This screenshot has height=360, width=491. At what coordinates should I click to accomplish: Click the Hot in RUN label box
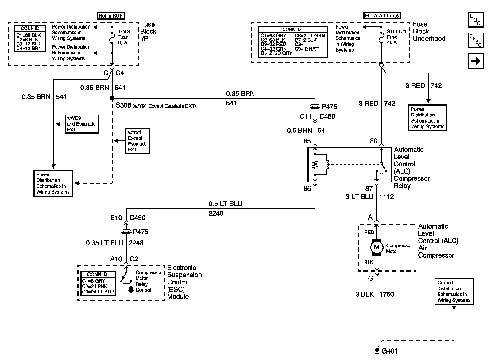click(111, 16)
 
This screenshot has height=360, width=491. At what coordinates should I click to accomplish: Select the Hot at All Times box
click(382, 15)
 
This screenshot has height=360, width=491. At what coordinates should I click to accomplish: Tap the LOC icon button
click(476, 20)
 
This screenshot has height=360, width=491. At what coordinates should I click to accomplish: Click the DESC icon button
click(476, 40)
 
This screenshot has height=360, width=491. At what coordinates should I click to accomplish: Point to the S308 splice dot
click(112, 98)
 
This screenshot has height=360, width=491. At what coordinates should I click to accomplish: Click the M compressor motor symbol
click(377, 247)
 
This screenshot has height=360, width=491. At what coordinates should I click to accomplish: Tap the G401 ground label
click(389, 351)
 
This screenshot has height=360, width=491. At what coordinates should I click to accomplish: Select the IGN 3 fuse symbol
click(112, 37)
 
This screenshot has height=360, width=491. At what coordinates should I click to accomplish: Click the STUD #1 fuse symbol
click(381, 37)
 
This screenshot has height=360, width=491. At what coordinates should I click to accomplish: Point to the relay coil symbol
click(327, 164)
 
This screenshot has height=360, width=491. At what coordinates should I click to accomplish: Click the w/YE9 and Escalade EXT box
click(82, 124)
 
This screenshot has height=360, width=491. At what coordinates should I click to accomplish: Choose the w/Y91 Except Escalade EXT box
click(137, 141)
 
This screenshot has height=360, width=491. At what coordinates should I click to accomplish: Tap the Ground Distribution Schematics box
click(454, 292)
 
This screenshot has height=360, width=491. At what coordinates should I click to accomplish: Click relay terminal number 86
click(307, 188)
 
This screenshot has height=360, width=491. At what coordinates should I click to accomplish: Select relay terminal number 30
click(373, 141)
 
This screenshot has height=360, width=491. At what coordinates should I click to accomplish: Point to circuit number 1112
click(386, 197)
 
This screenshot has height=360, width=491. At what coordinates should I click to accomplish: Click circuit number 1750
click(387, 294)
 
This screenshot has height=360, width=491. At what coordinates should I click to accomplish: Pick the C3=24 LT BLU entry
click(98, 292)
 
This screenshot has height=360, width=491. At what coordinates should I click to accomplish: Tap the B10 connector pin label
click(116, 217)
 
